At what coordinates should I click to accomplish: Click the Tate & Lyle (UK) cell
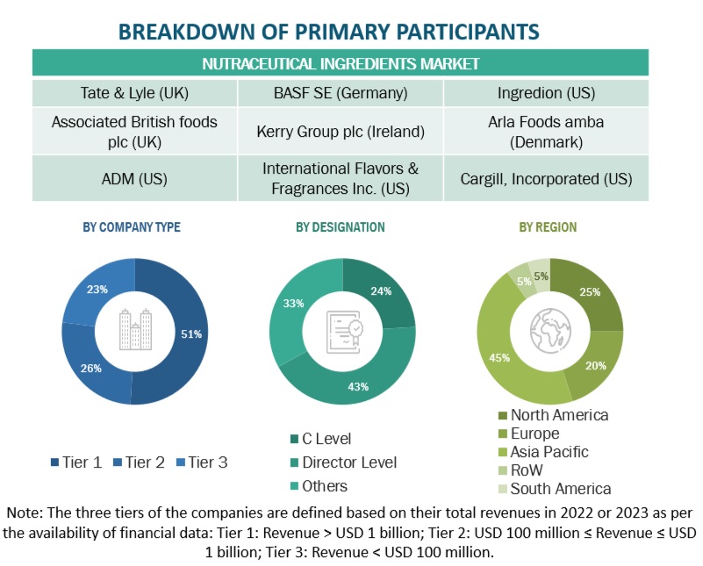point(132,92)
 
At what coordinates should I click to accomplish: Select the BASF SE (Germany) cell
point(341,92)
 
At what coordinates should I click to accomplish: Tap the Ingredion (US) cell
point(546,92)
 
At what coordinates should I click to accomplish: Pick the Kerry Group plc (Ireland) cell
point(341,132)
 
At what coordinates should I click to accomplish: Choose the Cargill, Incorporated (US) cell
point(546,178)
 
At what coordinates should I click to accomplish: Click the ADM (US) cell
point(132,178)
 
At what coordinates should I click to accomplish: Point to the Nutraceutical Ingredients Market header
point(341,63)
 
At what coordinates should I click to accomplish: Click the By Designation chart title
point(340,227)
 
